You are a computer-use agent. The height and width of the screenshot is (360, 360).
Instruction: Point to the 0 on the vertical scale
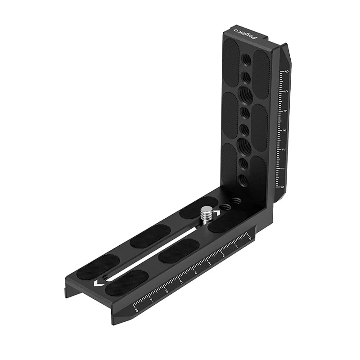tap(282, 186)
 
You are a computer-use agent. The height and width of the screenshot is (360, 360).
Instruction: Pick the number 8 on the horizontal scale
tap(136, 309)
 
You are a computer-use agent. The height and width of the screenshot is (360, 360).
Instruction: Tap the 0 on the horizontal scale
tap(249, 238)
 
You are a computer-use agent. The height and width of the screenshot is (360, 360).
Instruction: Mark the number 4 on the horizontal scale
tap(195, 272)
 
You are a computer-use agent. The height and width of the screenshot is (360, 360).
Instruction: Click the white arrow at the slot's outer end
tap(97, 284)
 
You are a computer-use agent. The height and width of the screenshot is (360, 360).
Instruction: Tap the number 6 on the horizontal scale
tap(166, 290)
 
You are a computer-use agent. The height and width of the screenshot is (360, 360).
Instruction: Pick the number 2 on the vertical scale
tap(283, 149)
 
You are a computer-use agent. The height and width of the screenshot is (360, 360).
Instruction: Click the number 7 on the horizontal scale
tap(152, 299)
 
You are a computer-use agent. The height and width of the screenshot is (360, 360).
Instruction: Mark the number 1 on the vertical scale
tap(283, 168)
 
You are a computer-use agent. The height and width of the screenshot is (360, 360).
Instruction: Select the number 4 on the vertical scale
tap(285, 110)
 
